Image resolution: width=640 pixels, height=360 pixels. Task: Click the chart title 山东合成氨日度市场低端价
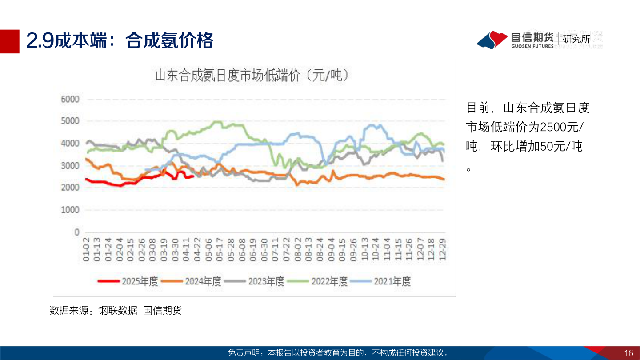[x=252, y=75]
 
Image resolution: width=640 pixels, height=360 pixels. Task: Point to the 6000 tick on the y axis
[x=70, y=99]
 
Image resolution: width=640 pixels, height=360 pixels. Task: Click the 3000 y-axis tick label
[x=70, y=166]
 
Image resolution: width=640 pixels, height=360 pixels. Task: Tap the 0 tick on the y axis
[x=76, y=232]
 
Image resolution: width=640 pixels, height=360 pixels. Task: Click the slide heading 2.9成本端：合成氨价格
[x=120, y=41]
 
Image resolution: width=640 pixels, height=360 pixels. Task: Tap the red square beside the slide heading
[x=9, y=41]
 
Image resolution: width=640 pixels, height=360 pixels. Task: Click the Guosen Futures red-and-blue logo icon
[x=492, y=40]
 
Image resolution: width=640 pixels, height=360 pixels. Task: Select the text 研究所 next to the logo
[x=576, y=39]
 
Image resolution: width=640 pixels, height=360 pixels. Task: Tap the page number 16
[x=628, y=353]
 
